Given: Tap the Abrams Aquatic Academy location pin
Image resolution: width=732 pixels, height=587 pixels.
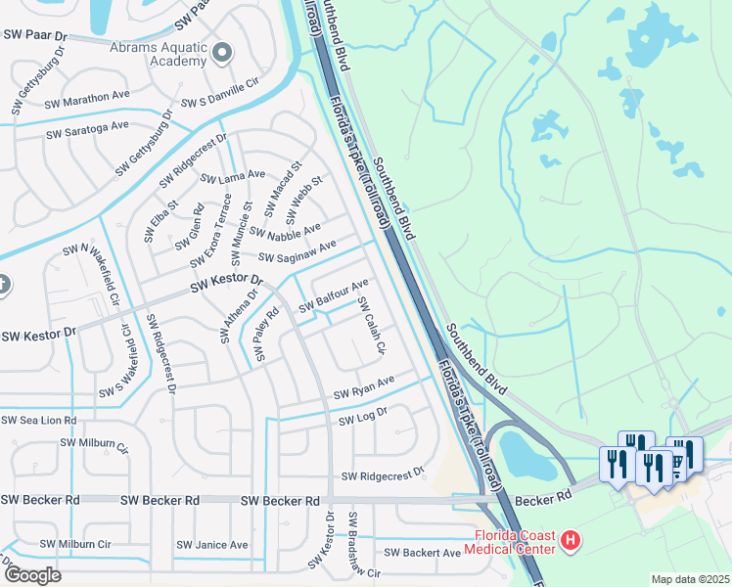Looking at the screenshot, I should (x=222, y=53).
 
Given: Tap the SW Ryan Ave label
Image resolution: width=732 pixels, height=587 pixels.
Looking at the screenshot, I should (x=363, y=387).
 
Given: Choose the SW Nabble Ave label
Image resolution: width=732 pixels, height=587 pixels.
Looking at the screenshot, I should (x=285, y=231).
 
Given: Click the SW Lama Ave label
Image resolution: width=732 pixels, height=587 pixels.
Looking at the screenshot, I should (x=233, y=177).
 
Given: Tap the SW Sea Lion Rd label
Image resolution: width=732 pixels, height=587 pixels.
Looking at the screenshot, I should (x=38, y=420).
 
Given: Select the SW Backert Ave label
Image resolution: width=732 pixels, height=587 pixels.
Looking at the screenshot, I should (x=424, y=553).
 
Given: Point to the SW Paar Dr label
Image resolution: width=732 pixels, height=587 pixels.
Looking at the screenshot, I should (x=33, y=36).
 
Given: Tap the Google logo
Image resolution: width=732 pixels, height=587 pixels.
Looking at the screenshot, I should (x=32, y=574).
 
